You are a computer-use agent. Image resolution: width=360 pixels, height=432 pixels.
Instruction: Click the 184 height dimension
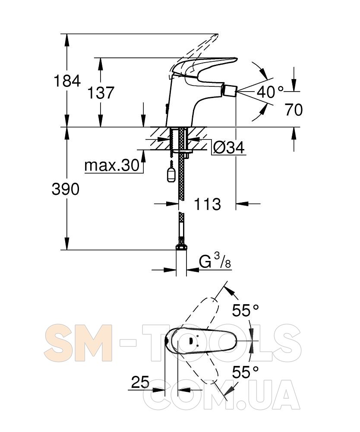[67, 81]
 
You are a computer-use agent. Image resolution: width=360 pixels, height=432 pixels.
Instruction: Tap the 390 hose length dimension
[66, 189]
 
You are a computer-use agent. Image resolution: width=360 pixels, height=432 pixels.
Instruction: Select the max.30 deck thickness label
[112, 165]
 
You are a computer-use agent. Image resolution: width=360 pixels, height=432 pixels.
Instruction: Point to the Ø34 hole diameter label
[229, 148]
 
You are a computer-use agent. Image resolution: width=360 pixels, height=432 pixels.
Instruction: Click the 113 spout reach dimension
[207, 204]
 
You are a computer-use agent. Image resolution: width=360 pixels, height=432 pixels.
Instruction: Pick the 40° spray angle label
[270, 92]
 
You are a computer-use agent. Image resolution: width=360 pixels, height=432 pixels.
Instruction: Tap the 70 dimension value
[294, 110]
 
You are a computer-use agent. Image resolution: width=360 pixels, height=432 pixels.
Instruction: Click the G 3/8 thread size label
[215, 261]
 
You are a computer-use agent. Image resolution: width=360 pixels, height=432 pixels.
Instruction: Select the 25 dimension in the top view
[140, 382]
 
